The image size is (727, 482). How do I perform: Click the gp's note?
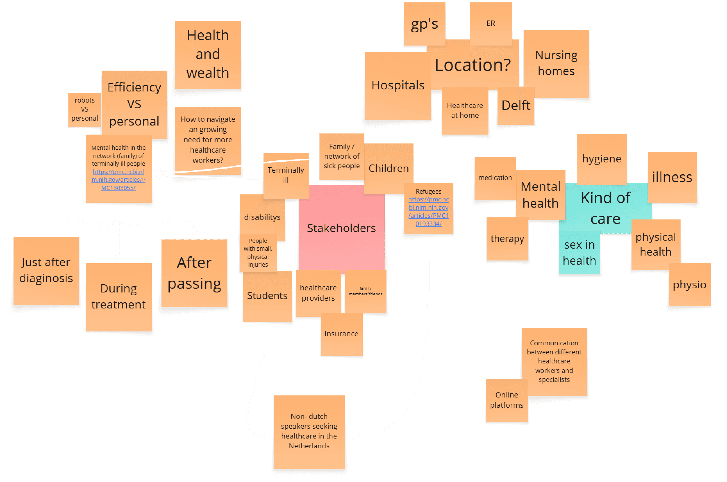(424, 24)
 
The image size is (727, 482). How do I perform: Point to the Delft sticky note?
(516, 105)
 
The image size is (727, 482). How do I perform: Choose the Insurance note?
(341, 334)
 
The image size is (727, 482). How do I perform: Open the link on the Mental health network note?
(118, 180)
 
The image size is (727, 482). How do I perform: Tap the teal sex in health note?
(579, 253)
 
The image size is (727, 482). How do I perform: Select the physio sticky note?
(689, 285)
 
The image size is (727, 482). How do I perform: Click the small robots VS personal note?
(84, 109)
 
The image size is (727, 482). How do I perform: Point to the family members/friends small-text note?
(365, 291)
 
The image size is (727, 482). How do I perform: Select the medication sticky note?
(495, 178)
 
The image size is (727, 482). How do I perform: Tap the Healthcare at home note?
(465, 110)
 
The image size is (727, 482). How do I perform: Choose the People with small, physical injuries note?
(258, 253)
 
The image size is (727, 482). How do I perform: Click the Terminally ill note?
(285, 175)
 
